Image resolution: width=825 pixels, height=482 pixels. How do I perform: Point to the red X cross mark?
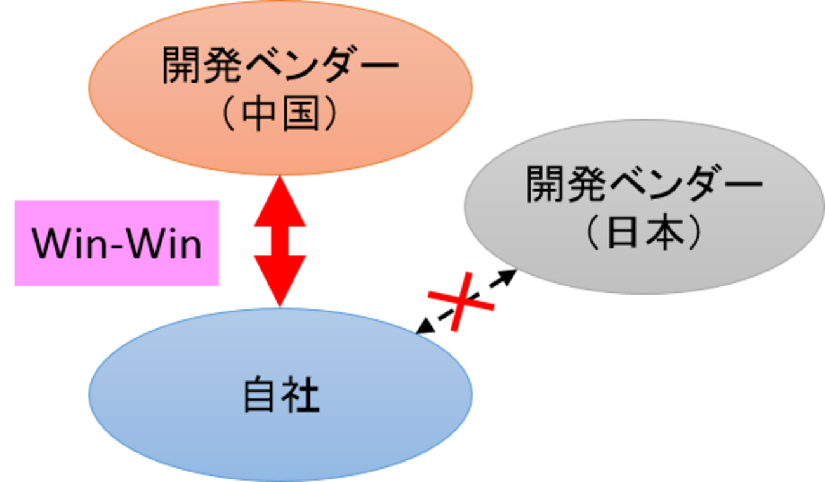click(x=461, y=302)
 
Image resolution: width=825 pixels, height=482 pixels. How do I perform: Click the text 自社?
click(x=280, y=396)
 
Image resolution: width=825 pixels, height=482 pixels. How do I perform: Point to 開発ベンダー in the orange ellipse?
click(x=280, y=65)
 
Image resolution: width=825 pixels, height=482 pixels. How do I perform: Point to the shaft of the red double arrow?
click(x=280, y=241)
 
